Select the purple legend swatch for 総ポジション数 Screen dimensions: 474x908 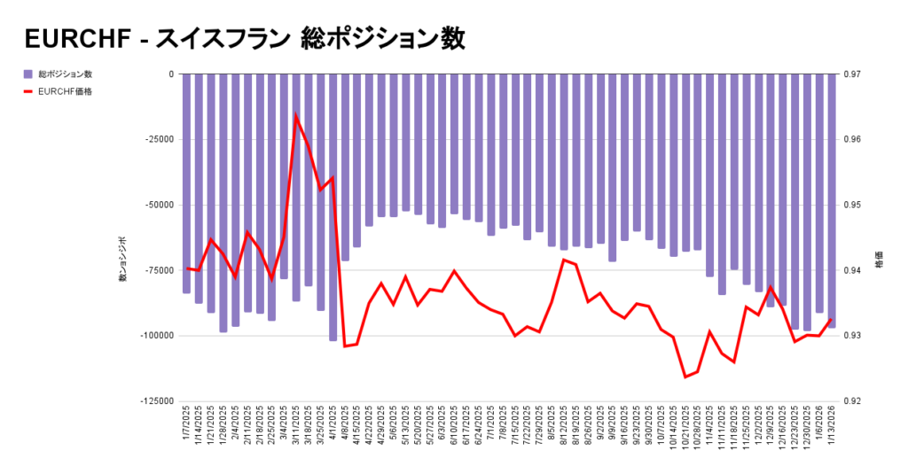[x=29, y=74]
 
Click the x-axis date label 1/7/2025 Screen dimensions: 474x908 [x=187, y=425]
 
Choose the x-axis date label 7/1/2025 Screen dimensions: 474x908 [x=491, y=425]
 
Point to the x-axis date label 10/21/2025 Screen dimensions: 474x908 [x=685, y=427]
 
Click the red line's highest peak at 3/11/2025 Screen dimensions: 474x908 [x=296, y=116]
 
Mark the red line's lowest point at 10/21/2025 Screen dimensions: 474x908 [x=685, y=377]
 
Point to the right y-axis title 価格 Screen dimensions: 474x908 [x=879, y=263]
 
